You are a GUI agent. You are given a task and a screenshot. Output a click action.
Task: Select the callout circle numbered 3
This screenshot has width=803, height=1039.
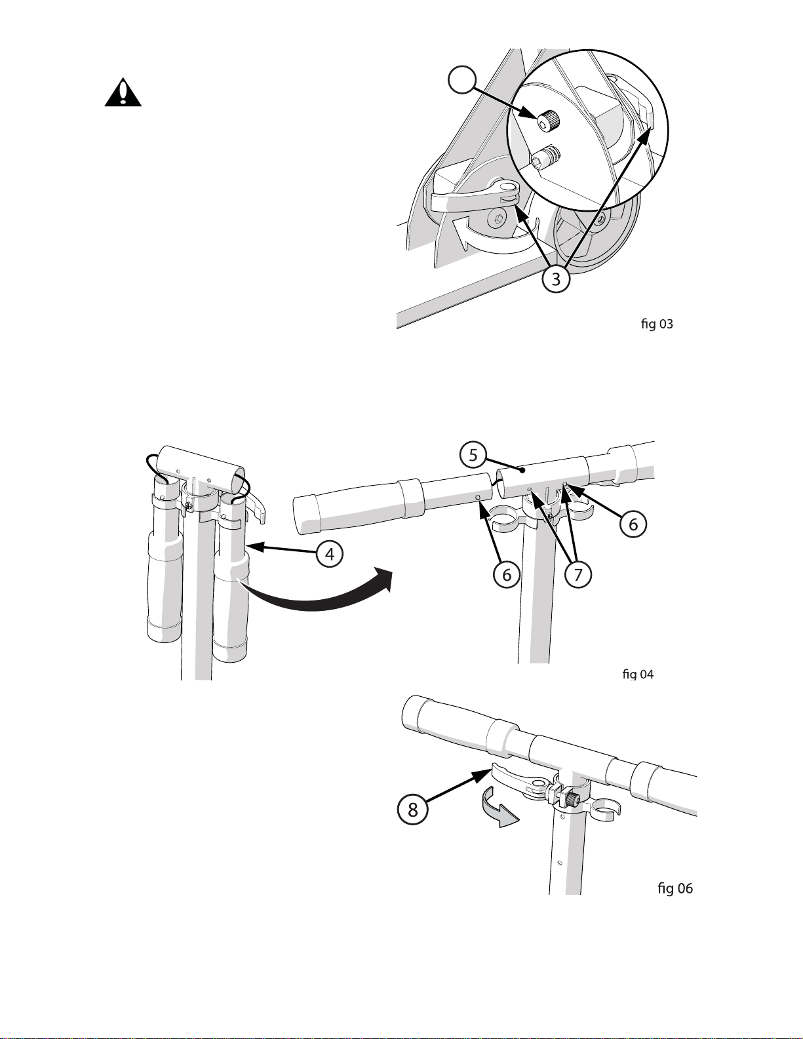pos(556,279)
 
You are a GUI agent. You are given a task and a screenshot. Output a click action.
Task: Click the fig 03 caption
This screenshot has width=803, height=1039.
pos(657,324)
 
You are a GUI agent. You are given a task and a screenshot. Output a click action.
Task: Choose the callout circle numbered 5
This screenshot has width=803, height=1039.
pos(473,455)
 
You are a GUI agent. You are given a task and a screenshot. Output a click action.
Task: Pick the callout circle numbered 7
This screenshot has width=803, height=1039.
pos(578,574)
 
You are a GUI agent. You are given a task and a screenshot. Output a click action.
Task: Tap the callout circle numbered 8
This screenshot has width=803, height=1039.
pos(412,810)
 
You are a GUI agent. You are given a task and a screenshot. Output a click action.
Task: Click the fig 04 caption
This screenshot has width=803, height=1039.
pos(638,674)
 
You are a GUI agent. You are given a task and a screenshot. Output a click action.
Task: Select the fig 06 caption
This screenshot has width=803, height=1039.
pos(675,888)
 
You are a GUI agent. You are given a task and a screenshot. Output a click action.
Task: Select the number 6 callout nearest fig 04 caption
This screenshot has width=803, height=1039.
pos(633,524)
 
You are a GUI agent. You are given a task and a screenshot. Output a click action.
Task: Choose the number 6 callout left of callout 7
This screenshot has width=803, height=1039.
pos(507,574)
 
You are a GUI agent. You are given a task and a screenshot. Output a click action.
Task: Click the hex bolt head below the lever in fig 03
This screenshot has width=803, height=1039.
pos(497,220)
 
